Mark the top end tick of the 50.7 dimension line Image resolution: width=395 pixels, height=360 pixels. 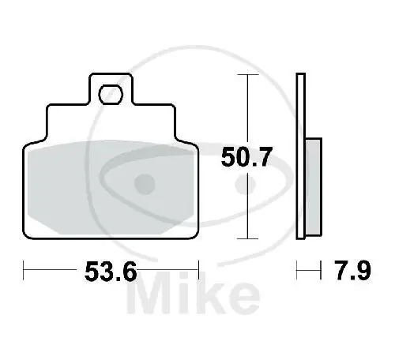point(248,75)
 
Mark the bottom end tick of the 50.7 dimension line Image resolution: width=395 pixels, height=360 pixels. point(248,238)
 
